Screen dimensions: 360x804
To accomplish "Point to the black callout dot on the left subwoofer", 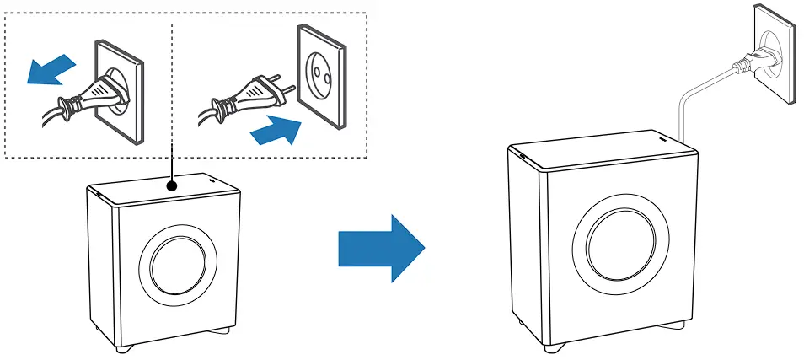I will [x=172, y=184].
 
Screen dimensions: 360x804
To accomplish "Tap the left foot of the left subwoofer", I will [x=124, y=347].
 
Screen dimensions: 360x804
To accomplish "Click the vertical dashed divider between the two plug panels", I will [x=172, y=84].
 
